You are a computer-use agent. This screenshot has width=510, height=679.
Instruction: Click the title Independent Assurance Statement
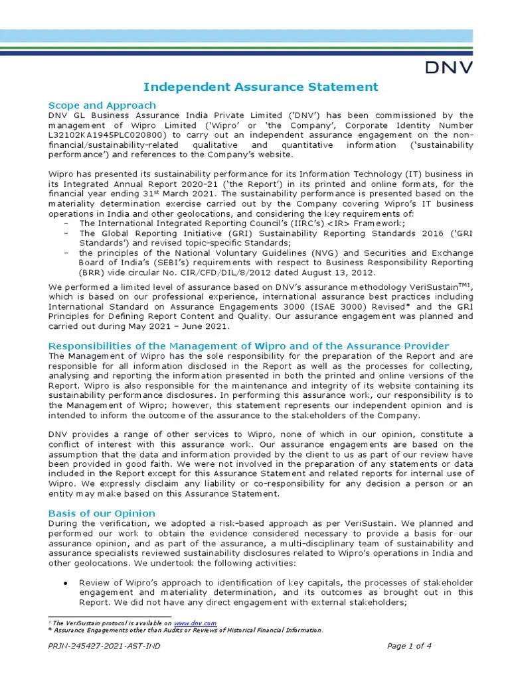tap(262, 87)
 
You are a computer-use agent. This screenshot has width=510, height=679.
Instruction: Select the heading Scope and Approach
tap(102, 105)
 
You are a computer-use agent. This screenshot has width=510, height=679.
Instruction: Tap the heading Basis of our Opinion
tap(102, 513)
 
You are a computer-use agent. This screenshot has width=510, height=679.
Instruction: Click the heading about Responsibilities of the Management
tap(249, 346)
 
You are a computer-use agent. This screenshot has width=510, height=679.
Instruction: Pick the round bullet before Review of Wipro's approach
tap(66, 583)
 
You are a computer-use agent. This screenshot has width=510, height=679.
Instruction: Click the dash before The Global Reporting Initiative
tap(66, 233)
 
